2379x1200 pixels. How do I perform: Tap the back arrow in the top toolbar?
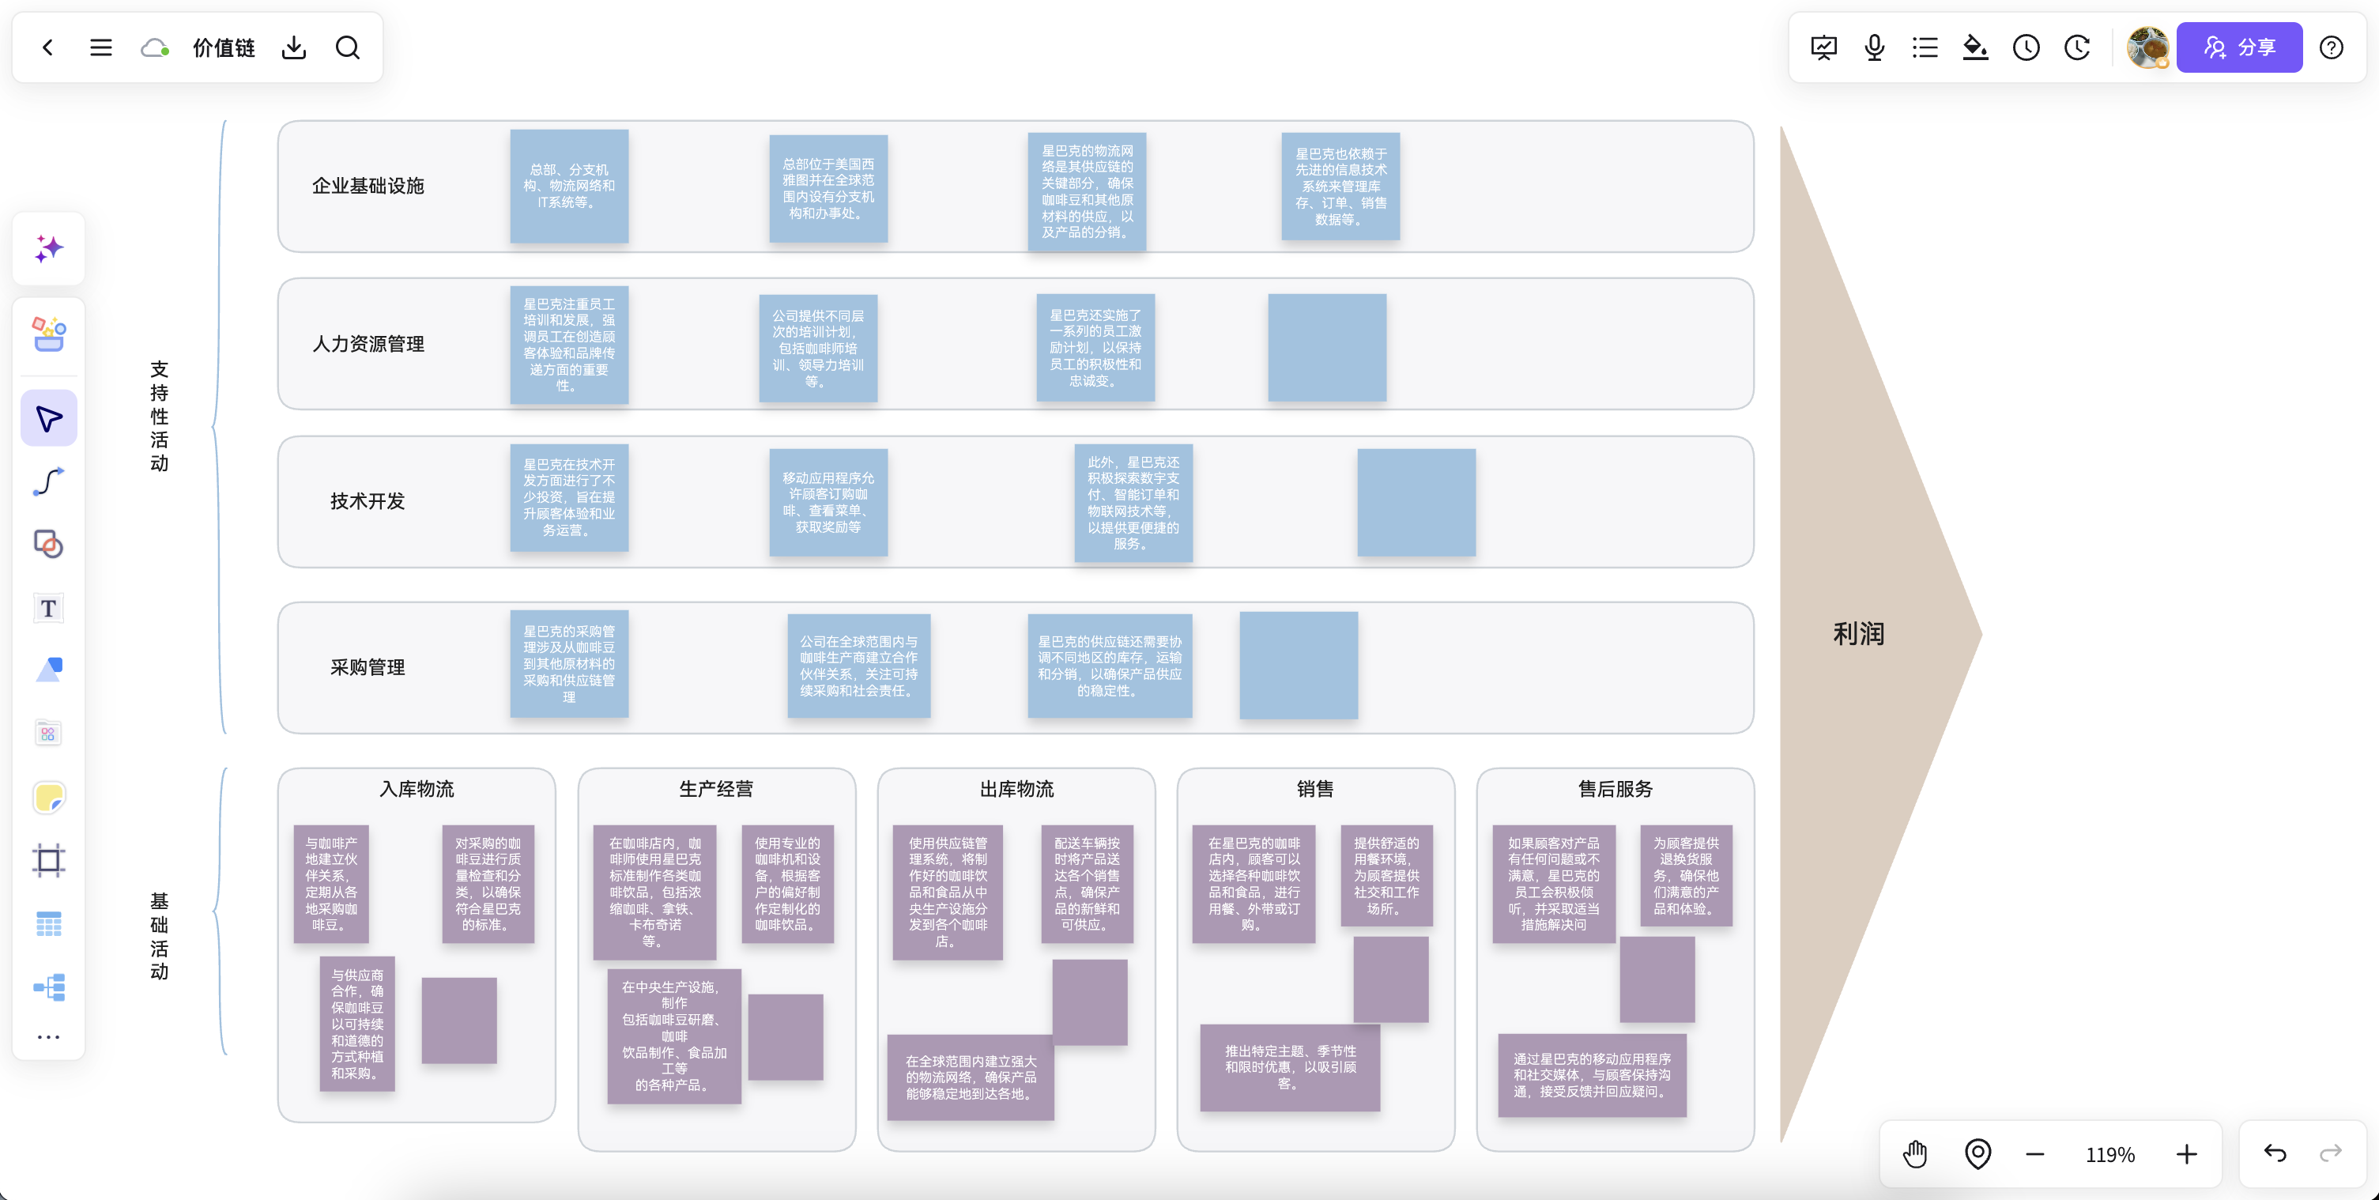pos(48,47)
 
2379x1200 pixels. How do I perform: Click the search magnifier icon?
pos(347,47)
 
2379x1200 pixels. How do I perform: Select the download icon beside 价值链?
pos(294,47)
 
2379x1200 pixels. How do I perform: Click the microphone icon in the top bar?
pos(1874,47)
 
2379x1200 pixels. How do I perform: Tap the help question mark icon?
pos(2331,47)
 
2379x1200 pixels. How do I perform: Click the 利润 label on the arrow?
pos(1858,634)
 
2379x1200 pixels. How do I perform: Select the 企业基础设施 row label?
pos(368,186)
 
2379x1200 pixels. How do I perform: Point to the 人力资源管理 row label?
pos(368,344)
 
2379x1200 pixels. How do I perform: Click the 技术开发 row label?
pos(368,500)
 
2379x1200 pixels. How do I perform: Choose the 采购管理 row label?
pos(368,667)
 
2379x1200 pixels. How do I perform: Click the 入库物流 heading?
pos(417,789)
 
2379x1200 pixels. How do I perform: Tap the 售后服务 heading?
pos(1616,789)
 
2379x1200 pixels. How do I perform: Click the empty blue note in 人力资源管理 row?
pos(1327,347)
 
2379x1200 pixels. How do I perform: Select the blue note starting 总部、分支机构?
pos(569,186)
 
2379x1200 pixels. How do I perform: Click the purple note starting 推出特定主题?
pos(1290,1067)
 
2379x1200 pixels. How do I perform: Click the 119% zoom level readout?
pos(2110,1155)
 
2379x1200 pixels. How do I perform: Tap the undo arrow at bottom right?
pos(2275,1153)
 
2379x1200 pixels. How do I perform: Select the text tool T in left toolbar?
pos(48,608)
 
